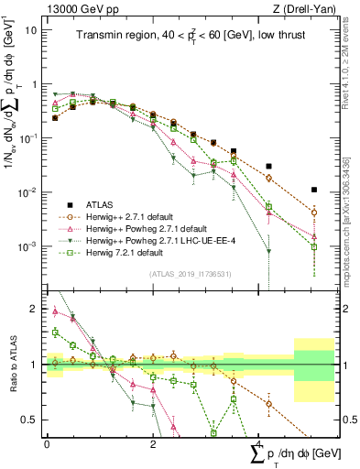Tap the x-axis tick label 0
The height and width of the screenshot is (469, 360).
47,443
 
